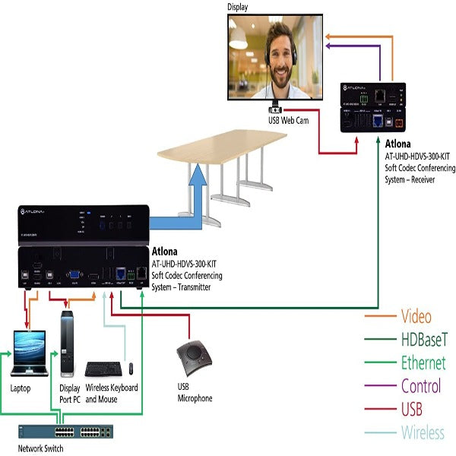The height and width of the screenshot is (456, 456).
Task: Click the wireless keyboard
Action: click(103, 369)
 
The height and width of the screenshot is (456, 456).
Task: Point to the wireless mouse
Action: click(130, 369)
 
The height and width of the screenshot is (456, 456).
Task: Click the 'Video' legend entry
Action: click(416, 317)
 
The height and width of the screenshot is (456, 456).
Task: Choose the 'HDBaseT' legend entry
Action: click(423, 340)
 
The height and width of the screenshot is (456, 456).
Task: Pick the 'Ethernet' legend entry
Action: click(423, 363)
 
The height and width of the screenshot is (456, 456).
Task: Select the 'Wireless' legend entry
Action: click(423, 432)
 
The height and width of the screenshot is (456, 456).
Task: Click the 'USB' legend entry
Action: click(411, 410)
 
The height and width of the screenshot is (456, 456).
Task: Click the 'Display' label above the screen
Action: click(238, 6)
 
